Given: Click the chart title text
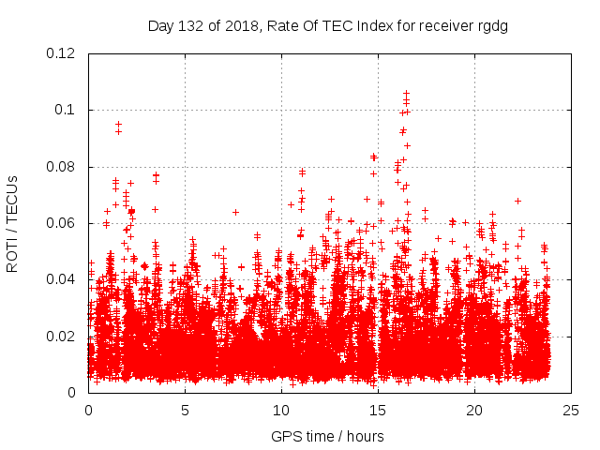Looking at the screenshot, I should [328, 25].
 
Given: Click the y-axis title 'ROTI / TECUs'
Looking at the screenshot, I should [13, 223].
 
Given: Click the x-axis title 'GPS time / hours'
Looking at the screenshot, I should [327, 436].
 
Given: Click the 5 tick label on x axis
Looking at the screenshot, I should [185, 410].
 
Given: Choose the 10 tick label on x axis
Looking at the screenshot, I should [281, 410].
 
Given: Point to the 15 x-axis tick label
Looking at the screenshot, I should [378, 410].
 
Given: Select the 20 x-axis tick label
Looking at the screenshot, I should [474, 410].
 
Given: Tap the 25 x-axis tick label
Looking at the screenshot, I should [571, 410].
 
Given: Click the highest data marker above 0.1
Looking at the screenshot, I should [406, 92].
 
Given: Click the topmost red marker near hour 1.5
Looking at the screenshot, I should [118, 124].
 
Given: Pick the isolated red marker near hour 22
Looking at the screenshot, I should [517, 201].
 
